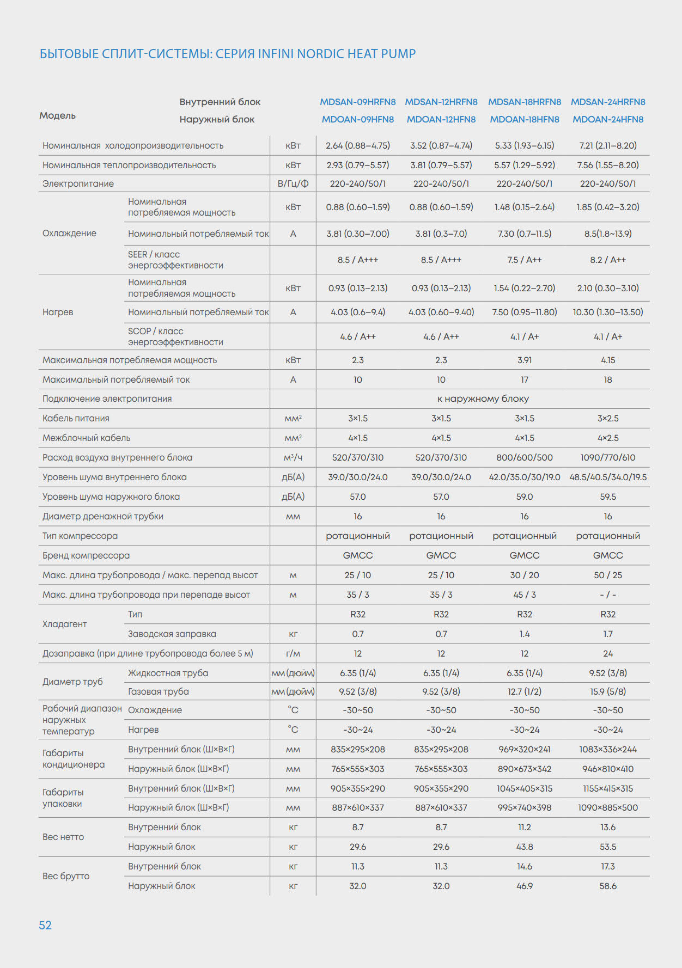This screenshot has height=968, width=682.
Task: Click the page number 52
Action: (x=45, y=925)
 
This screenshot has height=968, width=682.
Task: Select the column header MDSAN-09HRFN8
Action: (x=358, y=102)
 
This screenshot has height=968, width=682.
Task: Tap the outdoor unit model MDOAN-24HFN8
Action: (x=608, y=119)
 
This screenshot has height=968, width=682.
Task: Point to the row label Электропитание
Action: (x=78, y=183)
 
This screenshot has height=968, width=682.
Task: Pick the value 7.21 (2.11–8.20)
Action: (x=608, y=145)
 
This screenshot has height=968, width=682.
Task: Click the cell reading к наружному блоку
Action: (x=483, y=399)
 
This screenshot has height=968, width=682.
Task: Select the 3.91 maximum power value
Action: (x=525, y=360)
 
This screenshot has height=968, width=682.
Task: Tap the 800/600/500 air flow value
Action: (x=525, y=457)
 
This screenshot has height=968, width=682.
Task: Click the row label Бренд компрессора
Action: (x=86, y=555)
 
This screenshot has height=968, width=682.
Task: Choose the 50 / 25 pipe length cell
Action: (x=608, y=575)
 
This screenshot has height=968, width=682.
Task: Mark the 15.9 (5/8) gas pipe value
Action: (x=608, y=691)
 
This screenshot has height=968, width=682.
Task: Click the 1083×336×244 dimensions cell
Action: (x=608, y=749)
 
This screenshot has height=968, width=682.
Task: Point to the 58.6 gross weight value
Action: (x=608, y=886)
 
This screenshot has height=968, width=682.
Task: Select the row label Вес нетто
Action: (x=63, y=837)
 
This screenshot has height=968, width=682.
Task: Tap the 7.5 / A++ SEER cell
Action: (x=525, y=260)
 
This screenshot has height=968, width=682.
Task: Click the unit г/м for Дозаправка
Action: (x=293, y=653)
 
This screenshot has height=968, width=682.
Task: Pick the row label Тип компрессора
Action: (x=80, y=536)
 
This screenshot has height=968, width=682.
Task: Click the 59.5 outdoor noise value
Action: (x=608, y=497)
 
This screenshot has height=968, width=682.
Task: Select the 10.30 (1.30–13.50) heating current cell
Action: (x=608, y=312)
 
